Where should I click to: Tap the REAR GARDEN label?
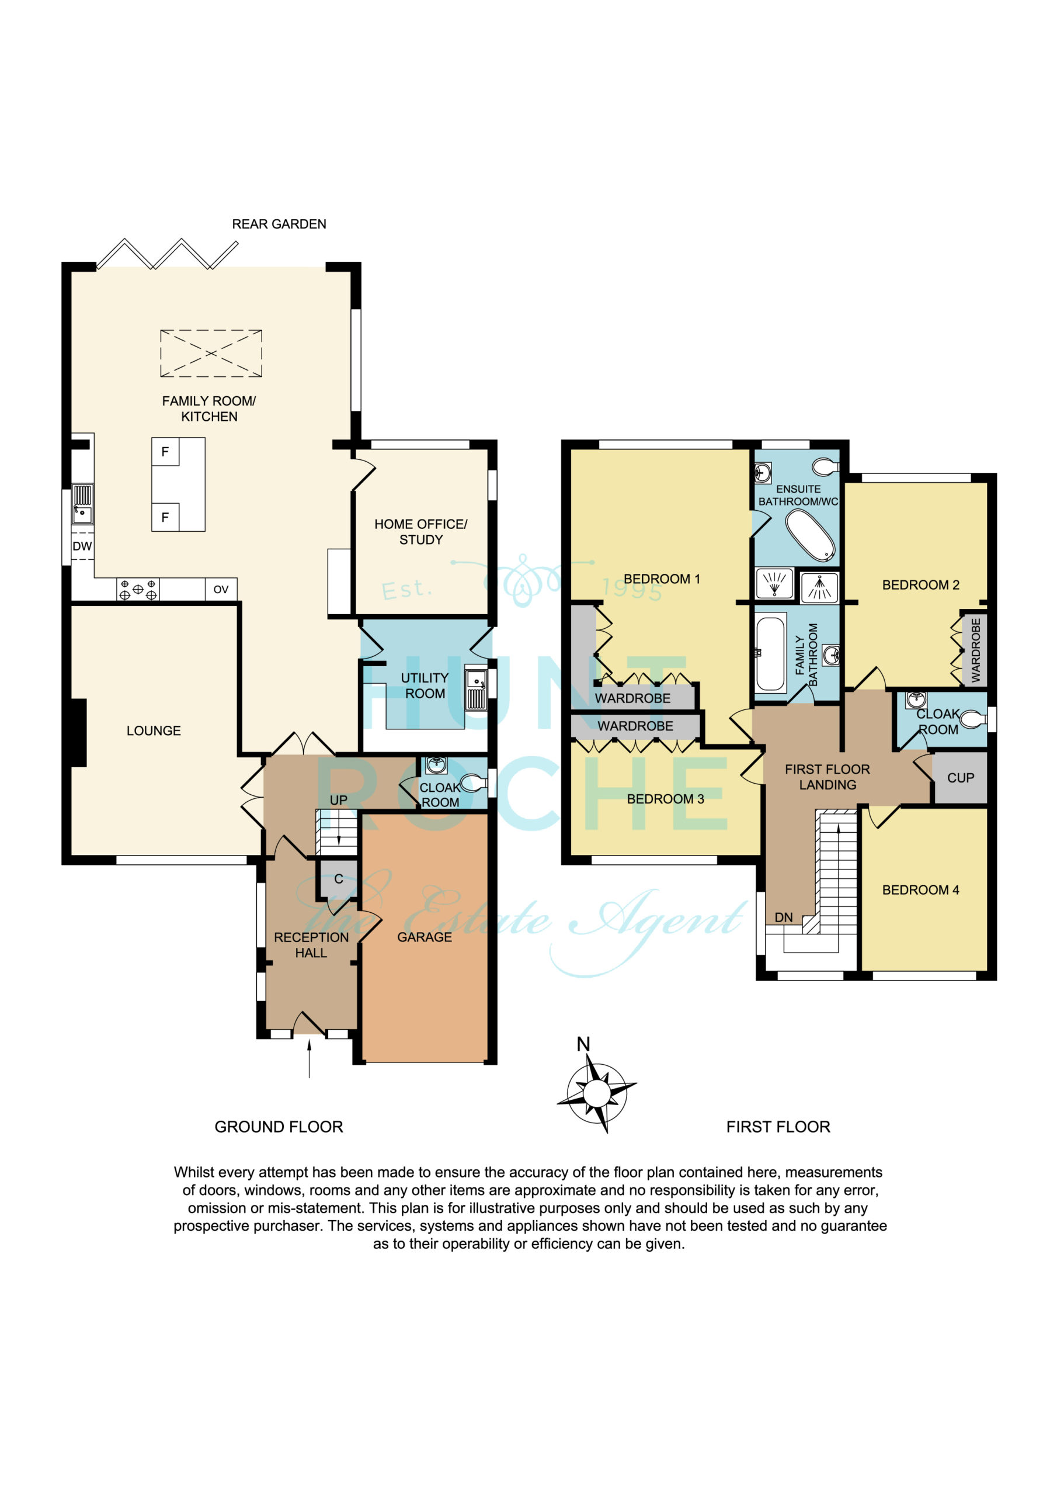pyautogui.click(x=279, y=224)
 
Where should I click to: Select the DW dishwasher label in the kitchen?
pyautogui.click(x=82, y=546)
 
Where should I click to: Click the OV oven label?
pyautogui.click(x=221, y=590)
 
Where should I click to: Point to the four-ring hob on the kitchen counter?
pyautogui.click(x=138, y=590)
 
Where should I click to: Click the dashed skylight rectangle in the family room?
pyautogui.click(x=211, y=353)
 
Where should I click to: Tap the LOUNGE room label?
pyautogui.click(x=154, y=731)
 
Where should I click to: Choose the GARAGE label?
pyautogui.click(x=425, y=937)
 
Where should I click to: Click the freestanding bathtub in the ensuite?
pyautogui.click(x=810, y=535)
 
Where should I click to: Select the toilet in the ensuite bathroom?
pyautogui.click(x=826, y=466)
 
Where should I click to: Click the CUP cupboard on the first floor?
pyautogui.click(x=961, y=778)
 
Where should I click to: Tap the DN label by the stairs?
pyautogui.click(x=784, y=917)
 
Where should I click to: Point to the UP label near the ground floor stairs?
pyautogui.click(x=339, y=800)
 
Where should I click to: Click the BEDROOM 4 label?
pyautogui.click(x=920, y=890)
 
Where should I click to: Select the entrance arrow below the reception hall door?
pyautogui.click(x=310, y=1059)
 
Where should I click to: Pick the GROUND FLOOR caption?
pyautogui.click(x=279, y=1127)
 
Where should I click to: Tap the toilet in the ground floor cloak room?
pyautogui.click(x=474, y=782)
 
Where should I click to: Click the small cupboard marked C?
pyautogui.click(x=339, y=879)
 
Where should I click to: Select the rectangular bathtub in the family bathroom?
pyautogui.click(x=771, y=653)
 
